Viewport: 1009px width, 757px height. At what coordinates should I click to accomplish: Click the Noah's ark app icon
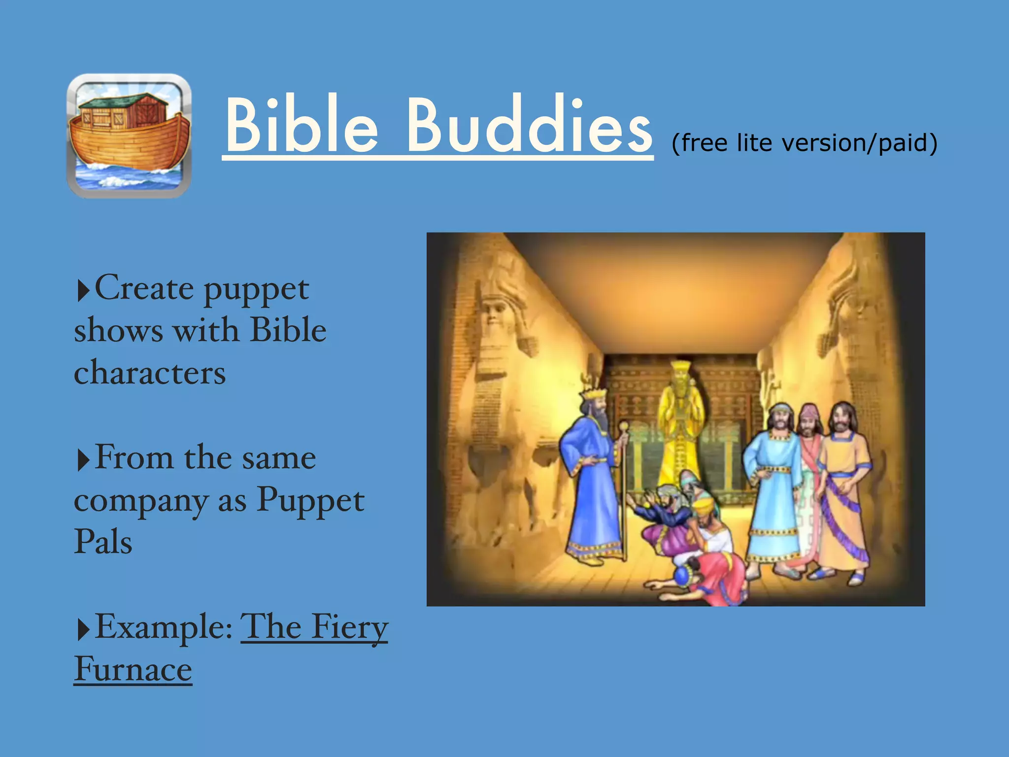pos(129,136)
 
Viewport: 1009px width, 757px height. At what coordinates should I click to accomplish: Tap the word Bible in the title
pos(302,126)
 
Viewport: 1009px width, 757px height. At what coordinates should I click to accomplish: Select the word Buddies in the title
pos(529,126)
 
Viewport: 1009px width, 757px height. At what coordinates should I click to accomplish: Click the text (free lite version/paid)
pos(804,143)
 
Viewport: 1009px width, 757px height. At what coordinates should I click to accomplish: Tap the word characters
pos(150,373)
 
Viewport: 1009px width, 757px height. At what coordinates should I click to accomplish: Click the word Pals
pos(103,542)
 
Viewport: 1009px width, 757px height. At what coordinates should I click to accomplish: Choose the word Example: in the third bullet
pos(164,627)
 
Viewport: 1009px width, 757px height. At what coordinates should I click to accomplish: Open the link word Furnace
pos(133,669)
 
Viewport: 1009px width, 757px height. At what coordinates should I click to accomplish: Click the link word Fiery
pos(350,628)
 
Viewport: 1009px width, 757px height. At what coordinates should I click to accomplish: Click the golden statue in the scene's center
pos(681,424)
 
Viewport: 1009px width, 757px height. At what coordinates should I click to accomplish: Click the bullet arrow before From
pos(83,460)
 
